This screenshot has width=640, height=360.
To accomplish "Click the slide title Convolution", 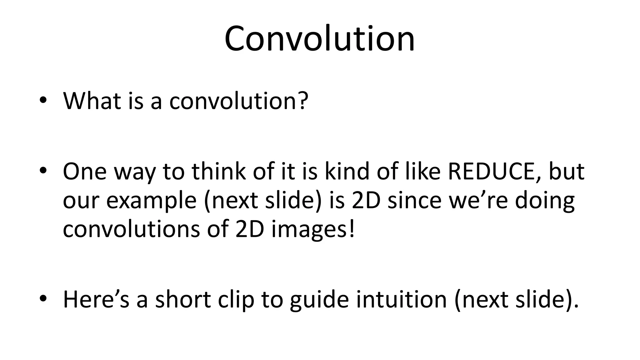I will tap(319, 39).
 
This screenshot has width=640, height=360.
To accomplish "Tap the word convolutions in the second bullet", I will tap(131, 229).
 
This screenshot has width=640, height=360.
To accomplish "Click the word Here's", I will tap(96, 299).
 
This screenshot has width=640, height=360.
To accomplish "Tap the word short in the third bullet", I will tap(183, 299).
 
